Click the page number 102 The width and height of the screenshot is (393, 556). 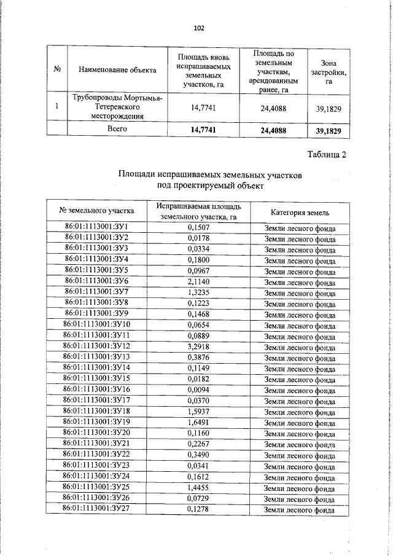[x=198, y=28]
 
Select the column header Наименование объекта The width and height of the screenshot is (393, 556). [x=117, y=70]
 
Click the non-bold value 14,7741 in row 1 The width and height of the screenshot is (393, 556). [x=203, y=108]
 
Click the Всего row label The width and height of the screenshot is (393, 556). [x=117, y=130]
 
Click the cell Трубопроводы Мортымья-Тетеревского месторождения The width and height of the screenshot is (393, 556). [x=117, y=107]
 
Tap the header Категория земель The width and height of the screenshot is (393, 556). [x=300, y=212]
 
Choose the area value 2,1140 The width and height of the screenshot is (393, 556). [x=199, y=281]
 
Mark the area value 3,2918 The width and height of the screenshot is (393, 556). [x=199, y=347]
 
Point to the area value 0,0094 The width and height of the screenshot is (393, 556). [x=199, y=390]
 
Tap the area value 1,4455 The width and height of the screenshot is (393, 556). [x=199, y=487]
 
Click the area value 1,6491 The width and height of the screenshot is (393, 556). [x=199, y=423]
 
